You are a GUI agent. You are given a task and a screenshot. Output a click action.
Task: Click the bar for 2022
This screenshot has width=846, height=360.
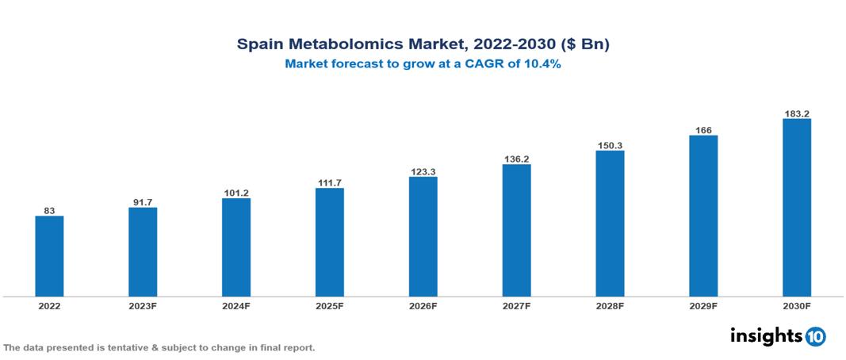click(49, 256)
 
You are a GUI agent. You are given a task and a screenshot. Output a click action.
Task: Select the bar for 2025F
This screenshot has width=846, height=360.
click(329, 242)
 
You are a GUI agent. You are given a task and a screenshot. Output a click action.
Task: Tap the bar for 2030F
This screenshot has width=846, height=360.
click(796, 208)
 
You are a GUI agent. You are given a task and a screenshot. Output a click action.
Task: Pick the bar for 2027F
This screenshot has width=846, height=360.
click(516, 230)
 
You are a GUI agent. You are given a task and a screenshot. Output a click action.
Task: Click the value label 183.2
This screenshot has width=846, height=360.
click(796, 113)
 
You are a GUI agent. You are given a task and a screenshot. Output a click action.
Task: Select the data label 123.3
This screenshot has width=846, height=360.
click(423, 171)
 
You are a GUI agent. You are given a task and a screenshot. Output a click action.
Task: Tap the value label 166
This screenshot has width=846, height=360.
click(703, 130)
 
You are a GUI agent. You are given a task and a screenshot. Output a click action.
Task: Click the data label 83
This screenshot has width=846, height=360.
click(49, 210)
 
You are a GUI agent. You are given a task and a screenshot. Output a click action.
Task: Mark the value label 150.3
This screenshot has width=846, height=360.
click(610, 145)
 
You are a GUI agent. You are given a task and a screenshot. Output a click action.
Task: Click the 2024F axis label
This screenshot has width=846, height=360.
click(236, 305)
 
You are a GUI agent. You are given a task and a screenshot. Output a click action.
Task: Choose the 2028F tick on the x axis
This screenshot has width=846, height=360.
click(610, 305)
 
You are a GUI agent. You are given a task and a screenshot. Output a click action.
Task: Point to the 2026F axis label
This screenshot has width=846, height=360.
click(423, 305)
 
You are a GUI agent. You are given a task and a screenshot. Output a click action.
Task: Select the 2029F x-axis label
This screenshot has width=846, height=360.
click(703, 305)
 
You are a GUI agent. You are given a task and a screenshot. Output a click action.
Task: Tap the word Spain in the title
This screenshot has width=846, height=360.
click(259, 44)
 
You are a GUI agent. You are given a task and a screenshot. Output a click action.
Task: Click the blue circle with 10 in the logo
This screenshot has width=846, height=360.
click(815, 336)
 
